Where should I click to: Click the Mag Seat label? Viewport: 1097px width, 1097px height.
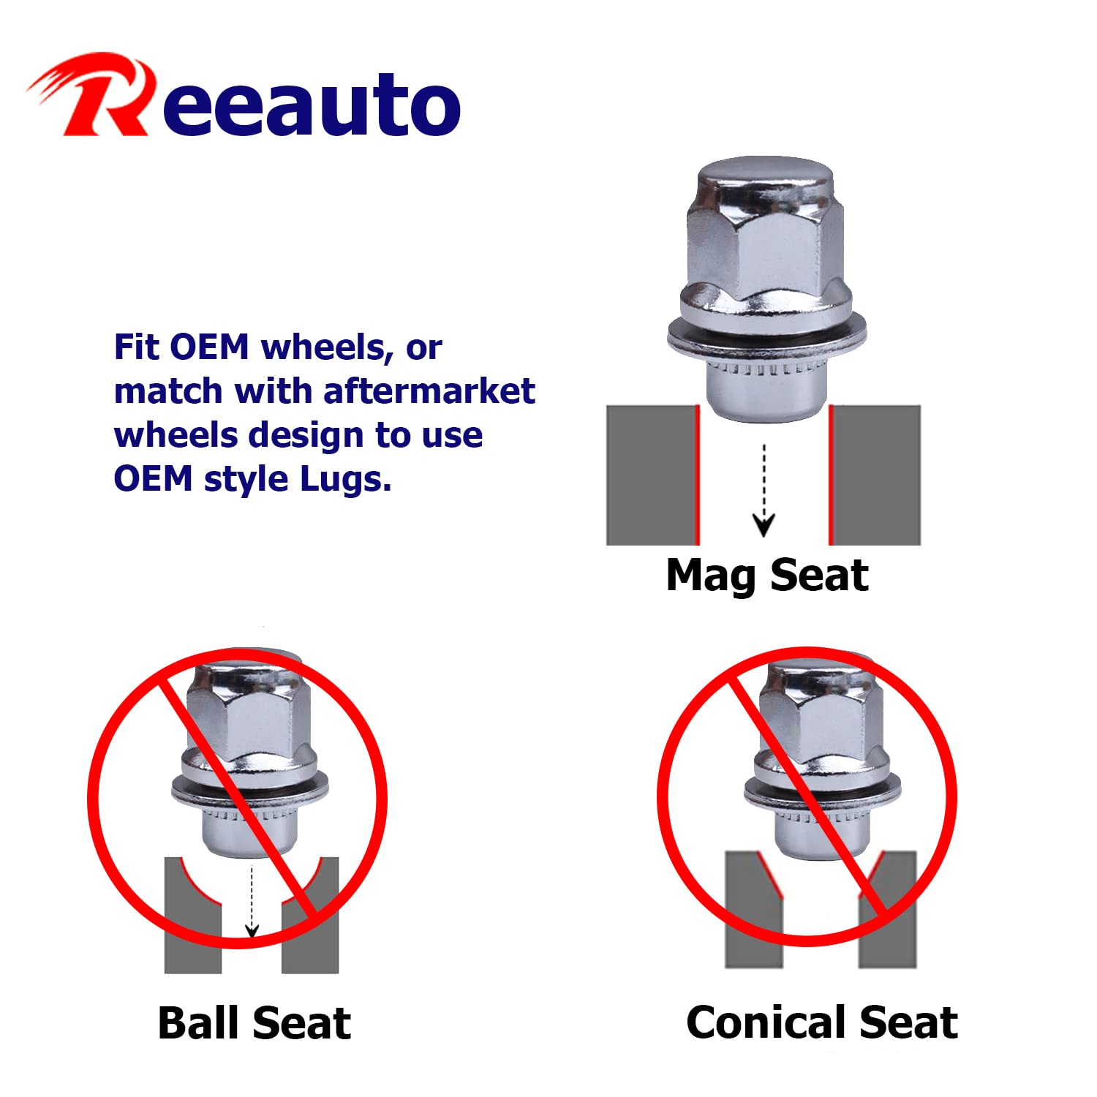767,576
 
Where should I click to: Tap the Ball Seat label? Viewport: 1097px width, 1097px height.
255,1022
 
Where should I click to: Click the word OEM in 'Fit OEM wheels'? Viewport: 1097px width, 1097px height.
210,347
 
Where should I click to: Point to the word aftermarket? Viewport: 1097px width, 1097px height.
429,391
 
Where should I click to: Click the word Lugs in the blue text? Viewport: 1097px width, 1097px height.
346,480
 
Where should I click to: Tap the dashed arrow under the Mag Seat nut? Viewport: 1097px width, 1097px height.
764,490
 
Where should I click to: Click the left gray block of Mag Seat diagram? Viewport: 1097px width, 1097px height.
651,475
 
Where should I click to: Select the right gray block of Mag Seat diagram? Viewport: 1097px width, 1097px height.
877,475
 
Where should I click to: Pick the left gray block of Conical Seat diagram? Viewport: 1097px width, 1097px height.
751,911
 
